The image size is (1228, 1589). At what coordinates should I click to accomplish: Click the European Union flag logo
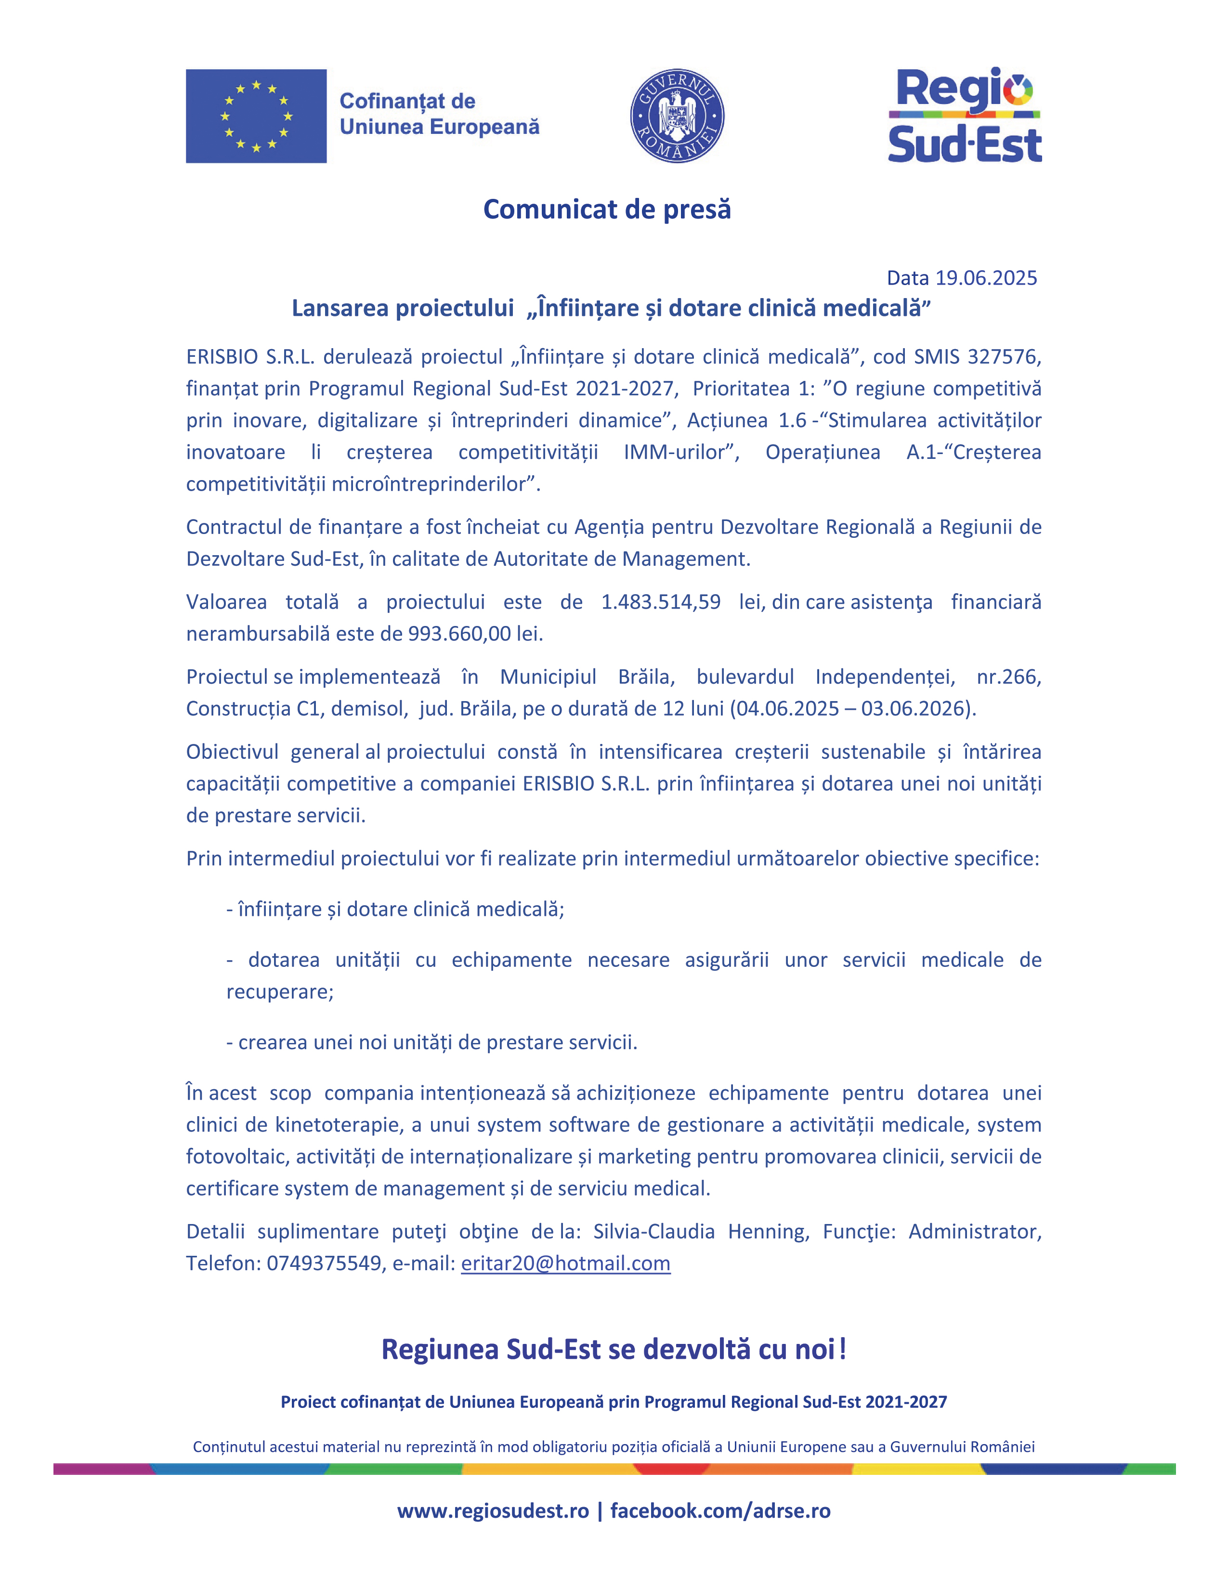(256, 117)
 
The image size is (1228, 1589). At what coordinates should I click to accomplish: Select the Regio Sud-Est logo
(965, 117)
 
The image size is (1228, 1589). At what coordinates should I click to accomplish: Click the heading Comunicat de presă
(607, 209)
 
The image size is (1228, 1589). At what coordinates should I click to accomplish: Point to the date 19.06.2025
(986, 278)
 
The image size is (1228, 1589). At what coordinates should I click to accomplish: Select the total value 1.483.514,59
(661, 602)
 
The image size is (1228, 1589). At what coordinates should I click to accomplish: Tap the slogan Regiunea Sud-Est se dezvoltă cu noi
(613, 1350)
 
